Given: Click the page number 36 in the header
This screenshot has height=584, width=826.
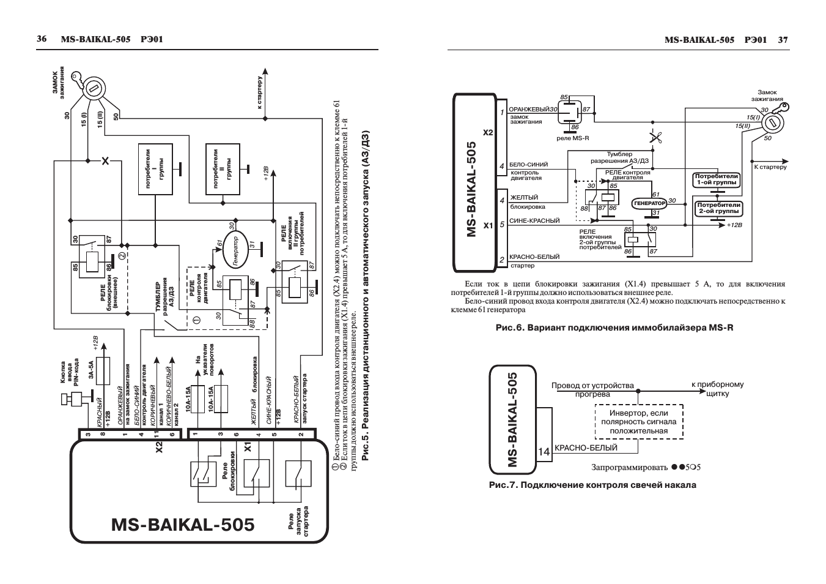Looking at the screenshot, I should coord(42,39).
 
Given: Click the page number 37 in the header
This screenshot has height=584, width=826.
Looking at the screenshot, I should coord(783,40).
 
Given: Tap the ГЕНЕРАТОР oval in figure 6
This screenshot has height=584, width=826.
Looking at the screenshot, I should coord(649,203).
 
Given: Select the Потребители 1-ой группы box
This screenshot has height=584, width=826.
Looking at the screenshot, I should coord(717,179).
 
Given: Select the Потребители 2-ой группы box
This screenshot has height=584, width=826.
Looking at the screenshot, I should coord(719,208).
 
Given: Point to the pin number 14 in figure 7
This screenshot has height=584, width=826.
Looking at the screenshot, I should coord(544,452).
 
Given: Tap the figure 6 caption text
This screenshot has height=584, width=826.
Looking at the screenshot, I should coord(614,328).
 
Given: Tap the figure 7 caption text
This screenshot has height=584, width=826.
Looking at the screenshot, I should coord(592,485).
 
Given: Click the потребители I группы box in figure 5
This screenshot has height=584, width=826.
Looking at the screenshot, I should coord(155,170).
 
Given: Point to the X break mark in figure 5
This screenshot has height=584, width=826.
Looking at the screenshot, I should coord(105,161).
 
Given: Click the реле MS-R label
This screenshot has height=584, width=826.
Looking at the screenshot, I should coord(573,138).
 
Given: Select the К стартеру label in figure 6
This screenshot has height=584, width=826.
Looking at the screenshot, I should coord(770,167).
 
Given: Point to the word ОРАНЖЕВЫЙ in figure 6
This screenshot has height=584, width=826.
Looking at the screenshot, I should coord(529,109).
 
